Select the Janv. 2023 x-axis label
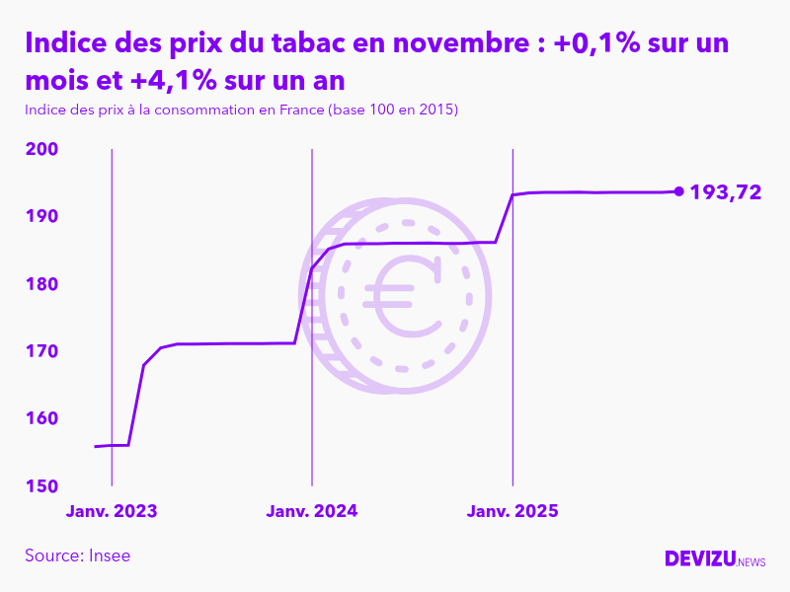pos(112,511)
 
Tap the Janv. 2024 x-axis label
pos(312,511)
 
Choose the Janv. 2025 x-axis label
pos(513,511)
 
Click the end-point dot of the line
pos(678,191)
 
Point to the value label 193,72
pos(726,192)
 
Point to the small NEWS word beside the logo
pos(751,562)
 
